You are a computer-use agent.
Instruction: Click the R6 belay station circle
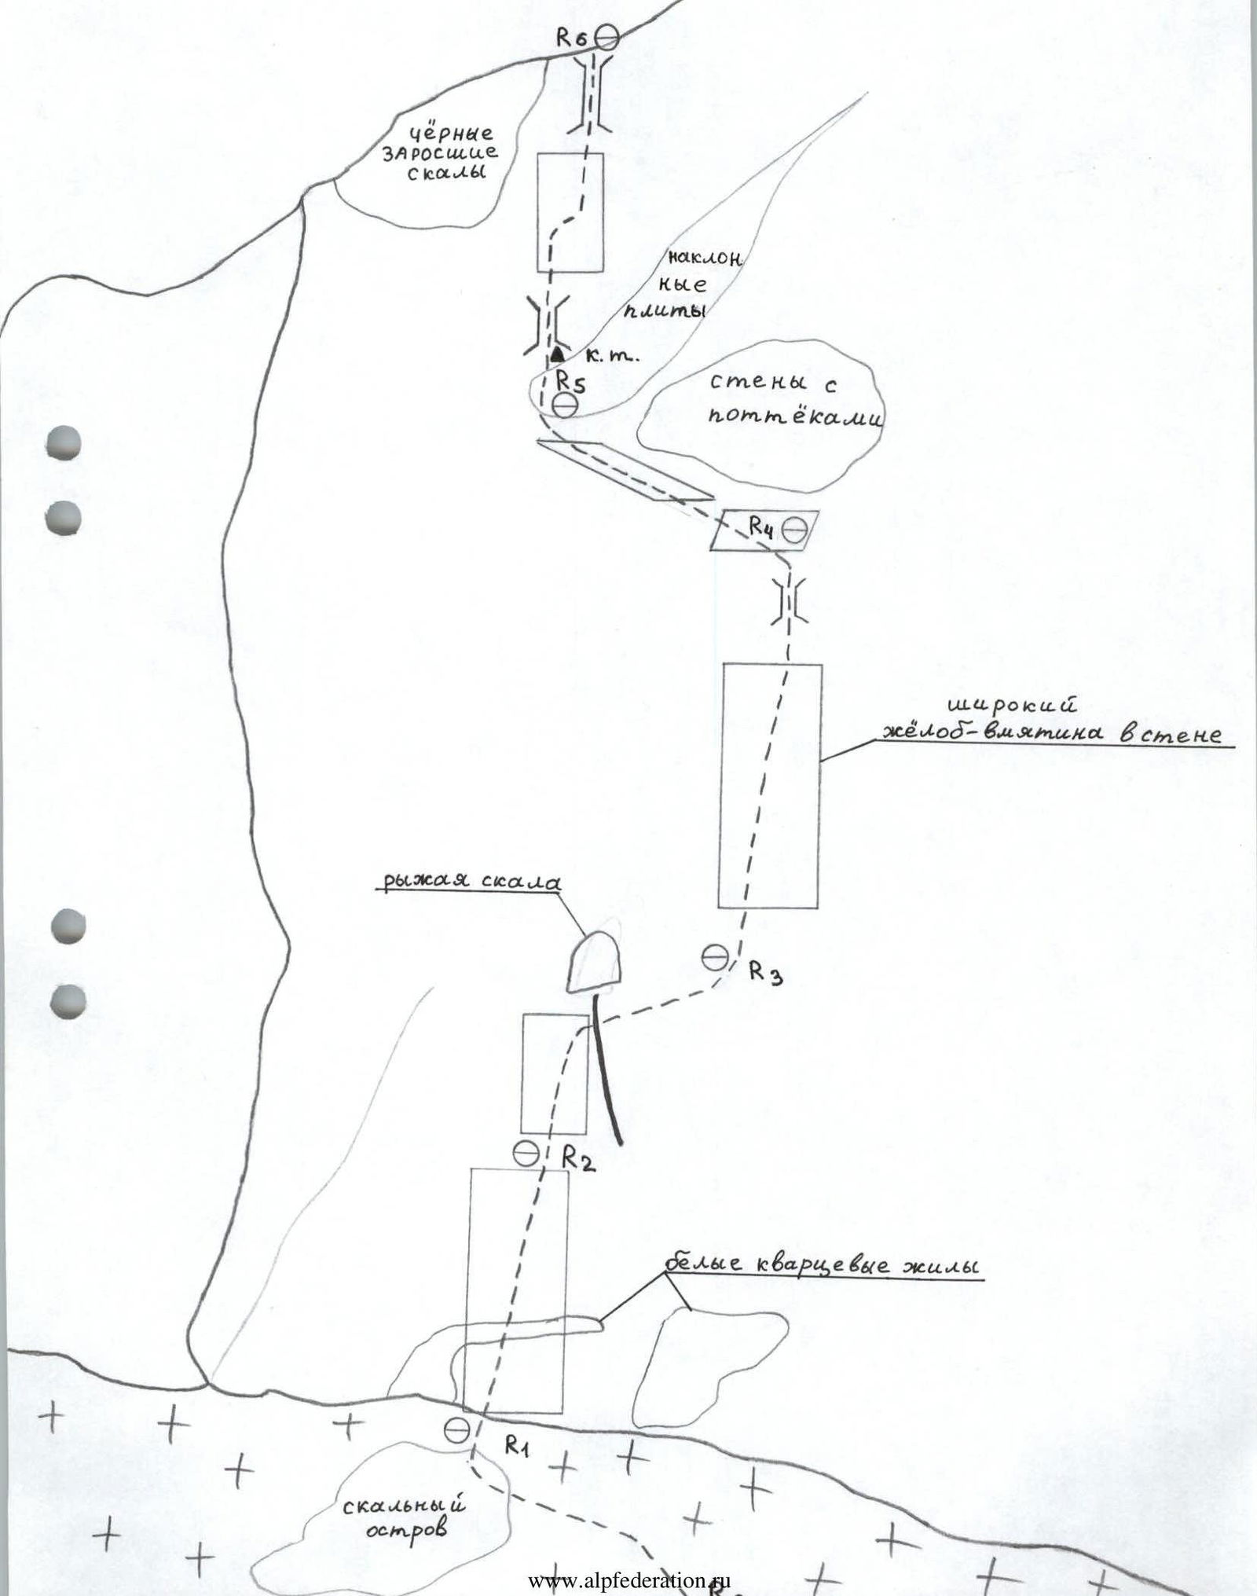click(x=606, y=37)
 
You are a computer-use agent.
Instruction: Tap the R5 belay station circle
click(x=564, y=405)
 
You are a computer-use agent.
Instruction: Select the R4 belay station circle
click(x=793, y=530)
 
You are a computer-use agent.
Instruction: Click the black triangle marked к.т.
click(x=558, y=352)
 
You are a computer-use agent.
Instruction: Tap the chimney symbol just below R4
click(x=788, y=601)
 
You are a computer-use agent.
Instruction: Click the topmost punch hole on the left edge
click(x=64, y=442)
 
